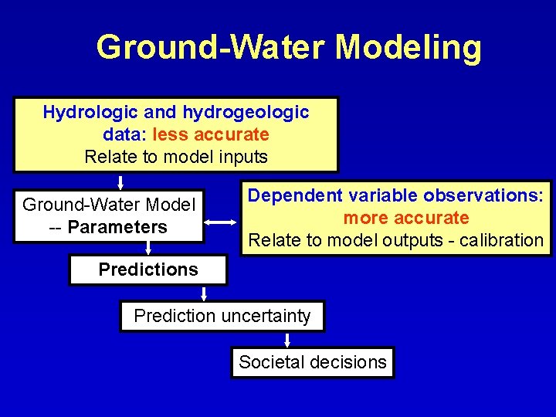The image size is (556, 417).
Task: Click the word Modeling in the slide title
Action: (x=408, y=48)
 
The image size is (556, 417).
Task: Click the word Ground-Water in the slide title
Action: (x=211, y=48)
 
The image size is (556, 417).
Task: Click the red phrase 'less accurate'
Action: (x=211, y=134)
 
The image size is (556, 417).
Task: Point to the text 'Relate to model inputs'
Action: (x=175, y=157)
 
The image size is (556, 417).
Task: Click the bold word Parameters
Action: (x=117, y=227)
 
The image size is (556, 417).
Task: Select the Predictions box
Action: (x=147, y=270)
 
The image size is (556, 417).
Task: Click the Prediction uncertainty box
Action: (x=222, y=316)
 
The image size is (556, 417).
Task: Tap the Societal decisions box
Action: (x=312, y=361)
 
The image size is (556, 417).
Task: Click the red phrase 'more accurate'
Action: (x=406, y=218)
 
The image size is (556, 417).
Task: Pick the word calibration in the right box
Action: (x=501, y=240)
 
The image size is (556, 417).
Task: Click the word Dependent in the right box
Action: (x=294, y=195)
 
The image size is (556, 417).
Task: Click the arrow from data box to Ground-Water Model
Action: (x=120, y=182)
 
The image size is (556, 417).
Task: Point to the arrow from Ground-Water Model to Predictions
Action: (x=148, y=248)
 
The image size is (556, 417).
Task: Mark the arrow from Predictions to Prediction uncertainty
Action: (x=205, y=293)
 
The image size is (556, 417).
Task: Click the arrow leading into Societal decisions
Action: (x=287, y=340)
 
